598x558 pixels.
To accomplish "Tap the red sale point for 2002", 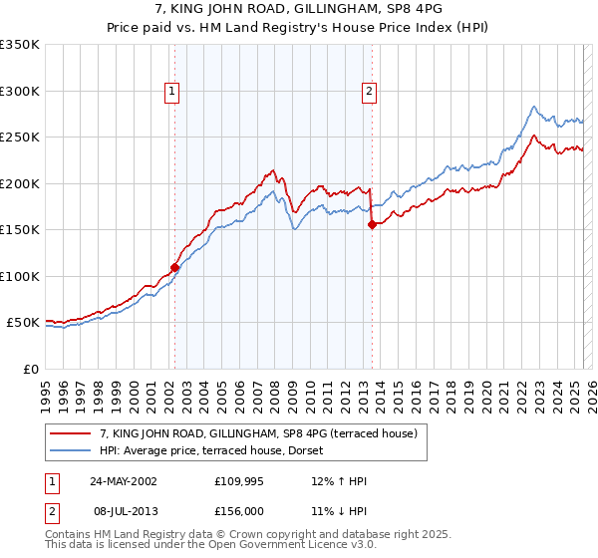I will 174,267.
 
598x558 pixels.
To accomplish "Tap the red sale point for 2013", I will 372,224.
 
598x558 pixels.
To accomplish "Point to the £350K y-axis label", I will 20,45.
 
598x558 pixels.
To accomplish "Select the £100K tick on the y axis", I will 20,276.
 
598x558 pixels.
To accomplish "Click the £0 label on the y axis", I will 30,369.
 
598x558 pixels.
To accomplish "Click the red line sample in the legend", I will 72,433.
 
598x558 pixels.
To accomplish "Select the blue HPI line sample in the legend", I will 72,450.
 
